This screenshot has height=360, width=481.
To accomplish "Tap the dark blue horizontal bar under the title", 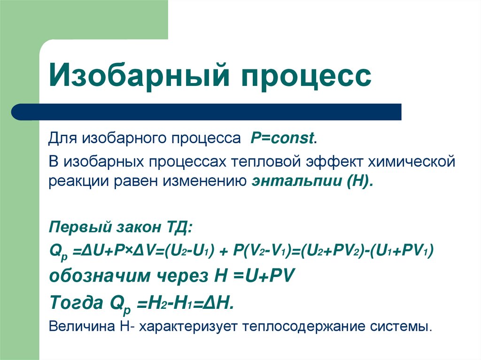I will [x=207, y=112].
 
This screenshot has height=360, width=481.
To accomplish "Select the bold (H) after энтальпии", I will [x=359, y=181].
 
